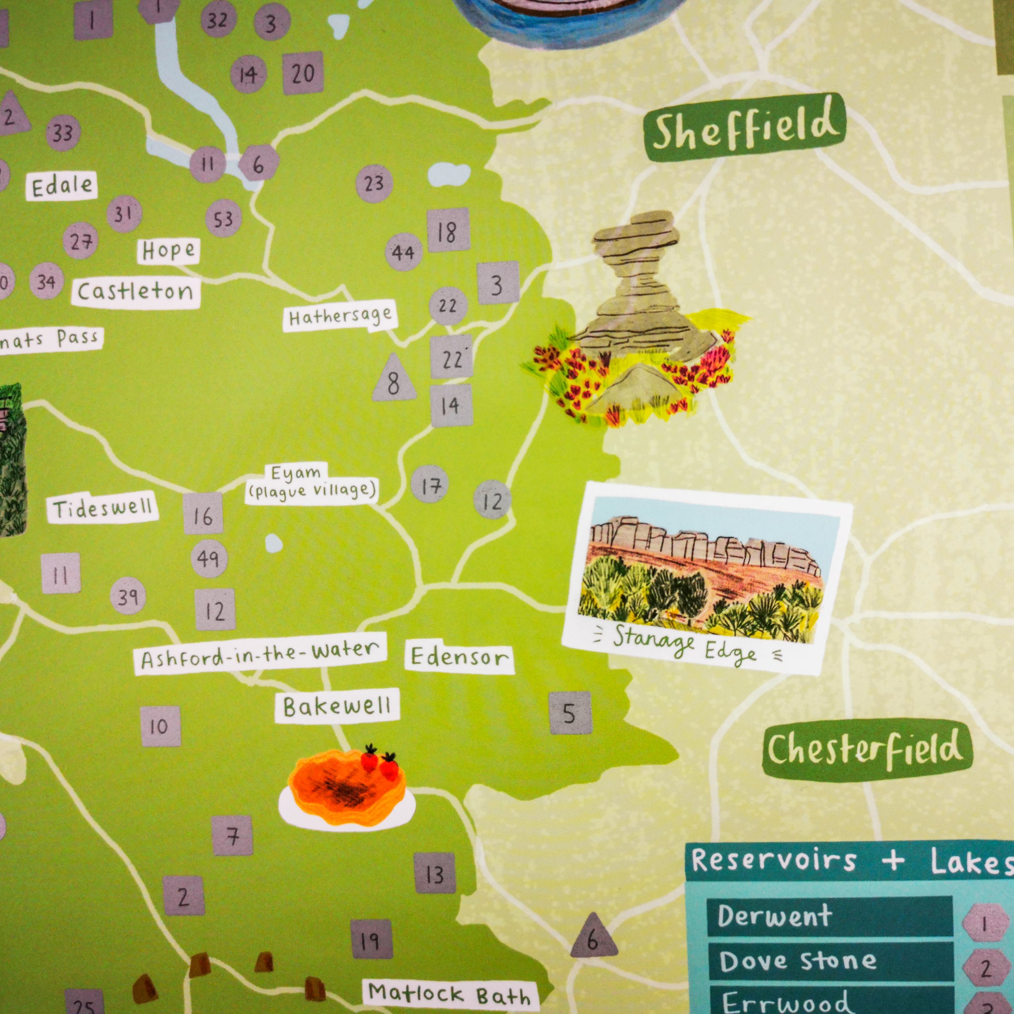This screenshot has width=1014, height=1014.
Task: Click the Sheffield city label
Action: pos(745,128)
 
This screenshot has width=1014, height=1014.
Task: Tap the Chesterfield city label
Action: pos(866,750)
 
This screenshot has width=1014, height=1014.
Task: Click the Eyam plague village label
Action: pos(312,483)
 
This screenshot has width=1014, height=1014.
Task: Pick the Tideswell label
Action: pos(103,509)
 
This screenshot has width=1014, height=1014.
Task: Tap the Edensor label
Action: pos(459,657)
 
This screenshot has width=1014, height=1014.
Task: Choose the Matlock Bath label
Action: pos(449,993)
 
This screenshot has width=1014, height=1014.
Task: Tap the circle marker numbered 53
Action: pos(223,218)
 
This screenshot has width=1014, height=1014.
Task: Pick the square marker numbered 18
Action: pos(448,230)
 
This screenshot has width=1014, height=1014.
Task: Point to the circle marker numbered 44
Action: pos(404,252)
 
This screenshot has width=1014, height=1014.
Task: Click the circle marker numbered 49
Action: pos(209,558)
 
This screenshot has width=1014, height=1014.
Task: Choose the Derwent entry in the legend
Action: pos(775,916)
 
